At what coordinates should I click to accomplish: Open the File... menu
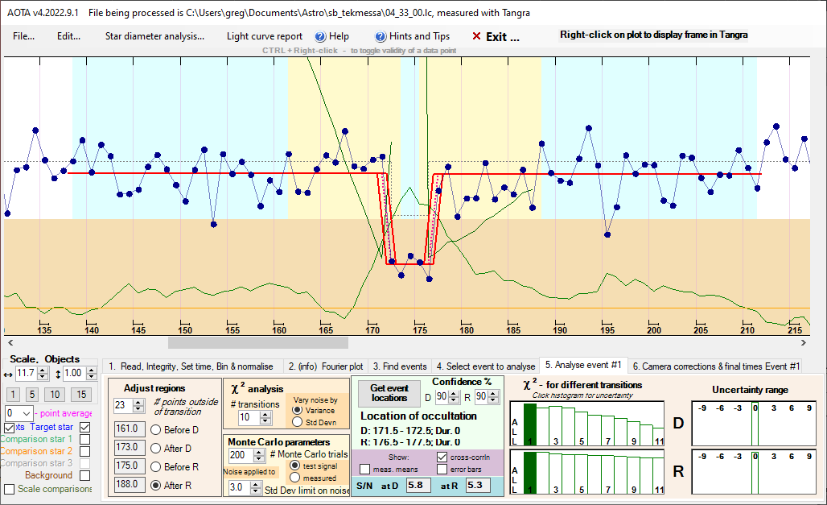click(x=23, y=36)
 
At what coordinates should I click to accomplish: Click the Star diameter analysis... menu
click(x=154, y=36)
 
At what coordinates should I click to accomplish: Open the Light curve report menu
click(x=265, y=36)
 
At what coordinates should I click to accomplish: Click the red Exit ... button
click(x=496, y=37)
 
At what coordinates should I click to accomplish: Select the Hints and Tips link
click(x=412, y=36)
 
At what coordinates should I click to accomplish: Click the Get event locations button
click(x=389, y=393)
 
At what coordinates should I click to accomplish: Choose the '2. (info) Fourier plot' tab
click(x=326, y=366)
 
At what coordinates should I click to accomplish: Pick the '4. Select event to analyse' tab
click(x=486, y=366)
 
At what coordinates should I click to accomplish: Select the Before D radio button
click(x=155, y=428)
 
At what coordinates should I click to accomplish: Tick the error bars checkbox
click(x=442, y=469)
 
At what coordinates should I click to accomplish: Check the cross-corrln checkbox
click(x=442, y=457)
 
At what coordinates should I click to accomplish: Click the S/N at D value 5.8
click(x=415, y=486)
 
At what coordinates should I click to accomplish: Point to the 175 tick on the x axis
click(x=419, y=329)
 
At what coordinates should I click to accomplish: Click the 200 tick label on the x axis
click(x=654, y=329)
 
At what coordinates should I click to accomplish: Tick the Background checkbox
click(x=84, y=475)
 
